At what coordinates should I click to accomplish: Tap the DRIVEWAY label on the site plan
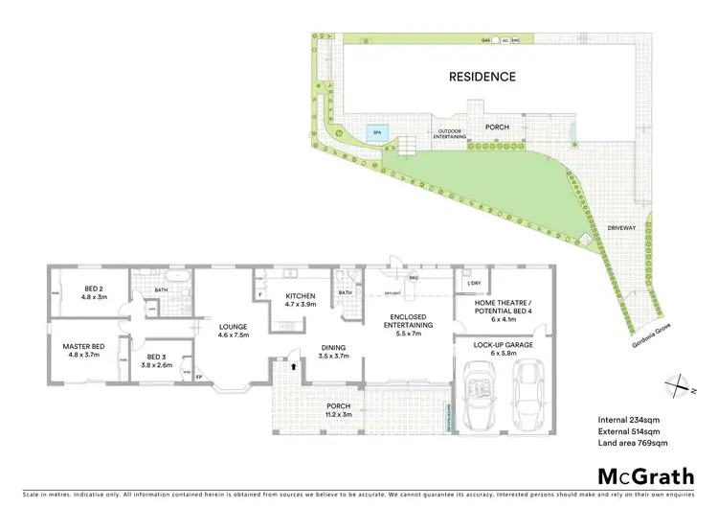point(621,227)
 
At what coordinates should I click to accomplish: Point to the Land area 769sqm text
point(634,444)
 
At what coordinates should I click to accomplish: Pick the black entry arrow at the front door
point(294,366)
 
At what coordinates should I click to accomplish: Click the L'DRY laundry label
point(473,283)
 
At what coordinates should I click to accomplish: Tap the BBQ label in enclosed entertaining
point(414,278)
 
